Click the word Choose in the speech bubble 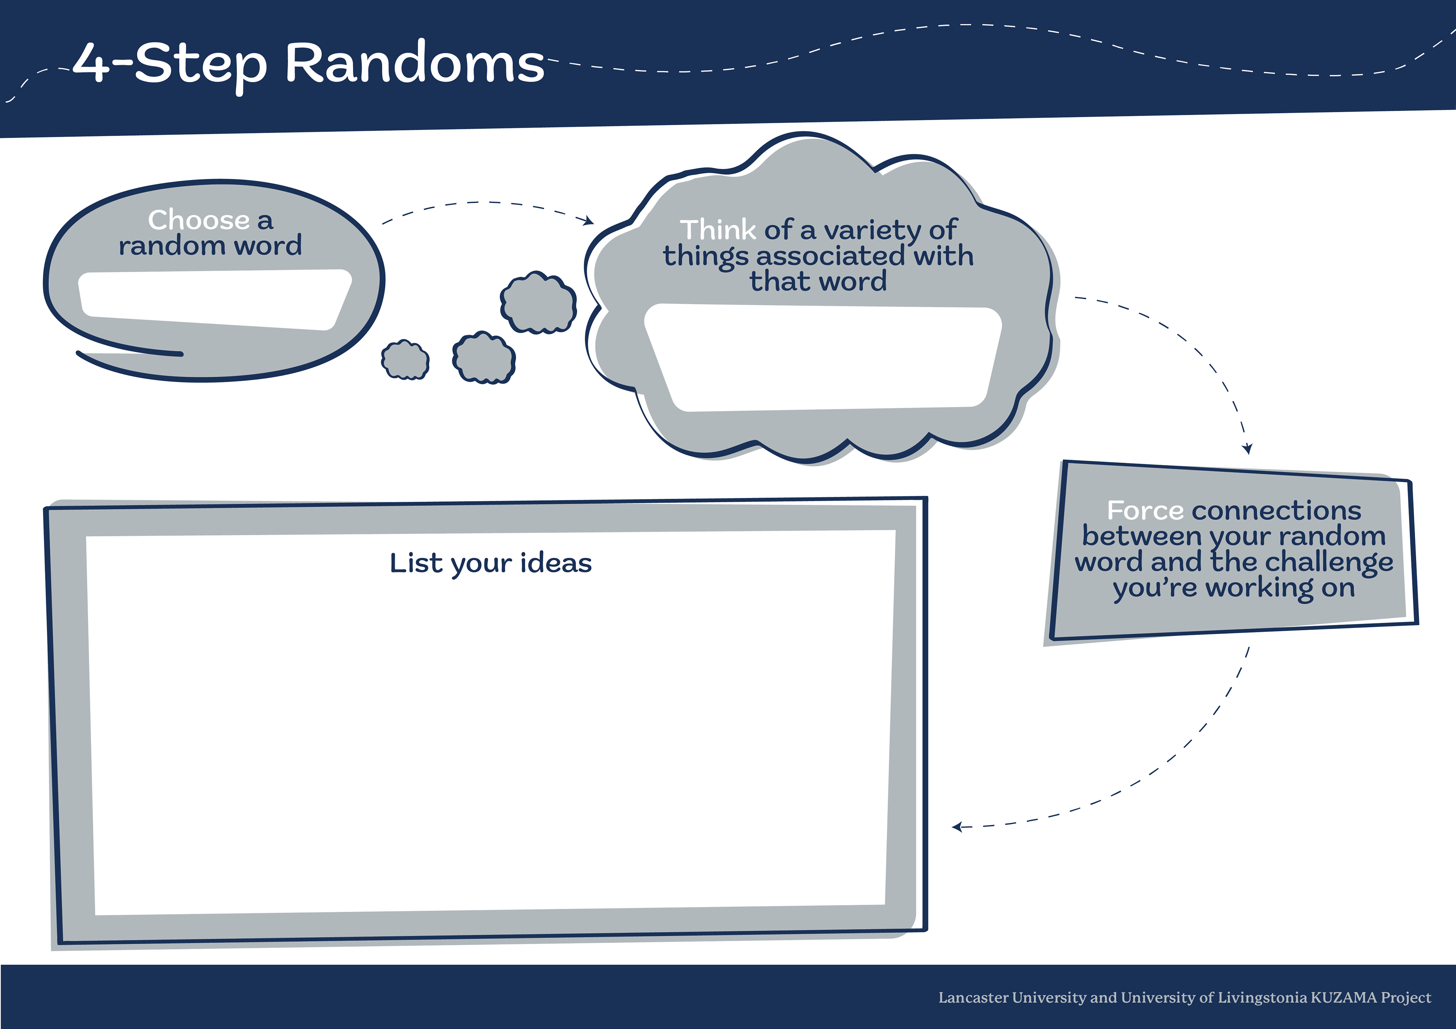tap(198, 220)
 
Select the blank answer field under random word tap(214, 299)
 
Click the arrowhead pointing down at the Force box tap(1247, 448)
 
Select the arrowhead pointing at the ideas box tap(957, 827)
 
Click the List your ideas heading tap(490, 563)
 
